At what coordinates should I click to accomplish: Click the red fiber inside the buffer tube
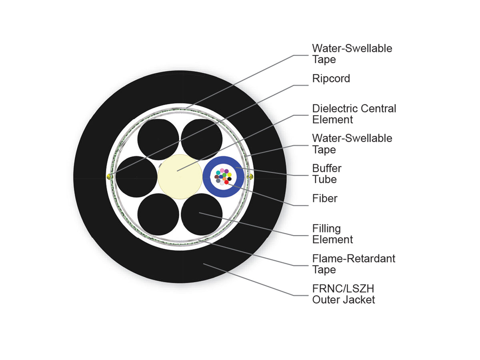point(226,182)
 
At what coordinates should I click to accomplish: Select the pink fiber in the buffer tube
point(222,170)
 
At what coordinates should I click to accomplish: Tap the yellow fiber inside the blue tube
point(229,175)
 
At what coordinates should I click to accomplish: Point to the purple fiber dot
point(226,171)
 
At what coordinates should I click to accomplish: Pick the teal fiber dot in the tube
point(218,173)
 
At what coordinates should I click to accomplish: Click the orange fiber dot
point(224,178)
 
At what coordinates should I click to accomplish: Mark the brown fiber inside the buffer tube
point(216,177)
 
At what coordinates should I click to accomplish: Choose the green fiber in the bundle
point(224,175)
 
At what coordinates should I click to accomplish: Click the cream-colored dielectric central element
point(180,177)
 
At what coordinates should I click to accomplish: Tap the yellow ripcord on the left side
point(109,176)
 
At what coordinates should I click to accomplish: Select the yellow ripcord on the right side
point(251,176)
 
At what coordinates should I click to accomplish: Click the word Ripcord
point(331,79)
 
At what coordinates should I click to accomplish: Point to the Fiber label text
point(325,198)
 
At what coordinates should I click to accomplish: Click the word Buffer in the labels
point(327,168)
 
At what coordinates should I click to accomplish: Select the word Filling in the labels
point(326,229)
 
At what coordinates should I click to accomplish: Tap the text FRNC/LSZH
point(343,288)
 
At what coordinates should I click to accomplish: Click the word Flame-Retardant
point(354,258)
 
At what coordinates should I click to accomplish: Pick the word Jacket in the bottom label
point(361,300)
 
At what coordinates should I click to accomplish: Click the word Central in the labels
point(378,108)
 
